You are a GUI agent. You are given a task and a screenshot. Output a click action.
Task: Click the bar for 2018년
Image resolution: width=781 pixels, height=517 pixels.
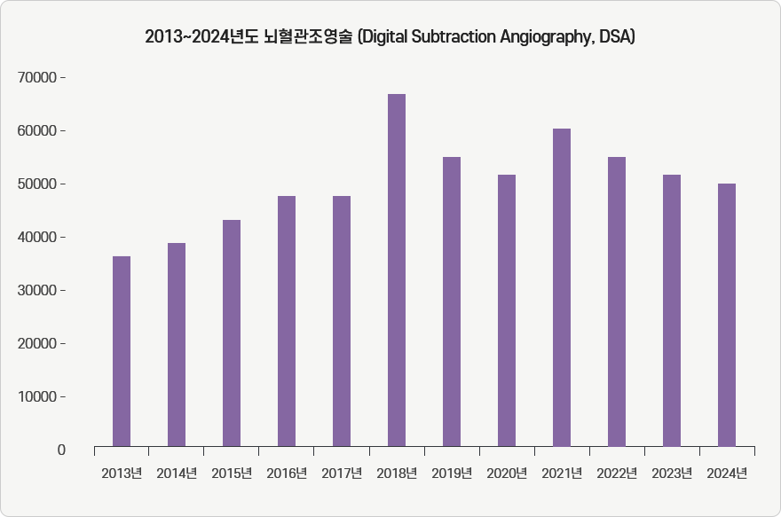pyautogui.click(x=397, y=270)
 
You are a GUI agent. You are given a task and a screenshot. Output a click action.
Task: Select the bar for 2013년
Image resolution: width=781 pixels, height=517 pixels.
pyautogui.click(x=122, y=351)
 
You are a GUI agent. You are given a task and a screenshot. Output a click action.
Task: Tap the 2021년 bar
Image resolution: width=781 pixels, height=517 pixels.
pyautogui.click(x=562, y=287)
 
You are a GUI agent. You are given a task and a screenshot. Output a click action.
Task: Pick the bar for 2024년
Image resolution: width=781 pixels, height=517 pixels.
pyautogui.click(x=727, y=315)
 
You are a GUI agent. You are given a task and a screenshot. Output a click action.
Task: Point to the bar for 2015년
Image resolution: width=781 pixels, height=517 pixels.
pyautogui.click(x=232, y=333)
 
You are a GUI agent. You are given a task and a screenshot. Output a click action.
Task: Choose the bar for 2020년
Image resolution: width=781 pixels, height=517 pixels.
pyautogui.click(x=507, y=310)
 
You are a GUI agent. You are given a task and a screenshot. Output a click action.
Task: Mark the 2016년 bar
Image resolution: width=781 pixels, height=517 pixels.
pyautogui.click(x=287, y=321)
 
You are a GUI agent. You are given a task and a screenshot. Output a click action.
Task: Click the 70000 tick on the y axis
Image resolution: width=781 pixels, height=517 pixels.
pyautogui.click(x=37, y=78)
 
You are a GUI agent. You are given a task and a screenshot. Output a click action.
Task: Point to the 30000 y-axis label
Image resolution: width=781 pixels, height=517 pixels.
pyautogui.click(x=37, y=291)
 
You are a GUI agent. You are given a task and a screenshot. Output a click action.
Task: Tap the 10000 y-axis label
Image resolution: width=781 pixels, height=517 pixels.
pyautogui.click(x=37, y=397)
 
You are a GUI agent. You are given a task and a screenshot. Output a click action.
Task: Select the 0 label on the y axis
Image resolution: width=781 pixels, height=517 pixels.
pyautogui.click(x=61, y=450)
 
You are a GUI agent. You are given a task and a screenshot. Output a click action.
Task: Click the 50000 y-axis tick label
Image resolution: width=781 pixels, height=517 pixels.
pyautogui.click(x=37, y=184)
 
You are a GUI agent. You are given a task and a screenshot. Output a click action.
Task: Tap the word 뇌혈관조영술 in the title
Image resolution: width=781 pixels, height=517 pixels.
pyautogui.click(x=308, y=37)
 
